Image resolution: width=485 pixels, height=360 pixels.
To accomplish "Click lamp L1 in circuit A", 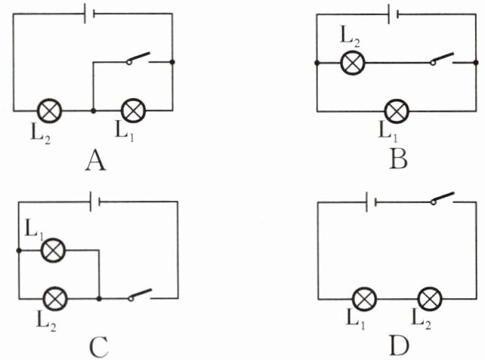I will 134,110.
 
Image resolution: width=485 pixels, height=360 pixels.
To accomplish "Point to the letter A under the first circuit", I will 95,159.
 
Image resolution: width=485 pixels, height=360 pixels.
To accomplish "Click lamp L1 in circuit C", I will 53,249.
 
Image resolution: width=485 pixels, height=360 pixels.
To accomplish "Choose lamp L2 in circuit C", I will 53,299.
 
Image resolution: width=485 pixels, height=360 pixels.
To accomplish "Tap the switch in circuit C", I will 141,295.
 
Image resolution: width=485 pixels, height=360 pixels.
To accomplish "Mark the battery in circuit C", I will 95,202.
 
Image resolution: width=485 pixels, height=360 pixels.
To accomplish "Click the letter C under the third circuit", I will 98,346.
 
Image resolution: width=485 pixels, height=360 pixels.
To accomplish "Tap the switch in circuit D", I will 443,199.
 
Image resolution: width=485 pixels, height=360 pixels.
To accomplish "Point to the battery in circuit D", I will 371,202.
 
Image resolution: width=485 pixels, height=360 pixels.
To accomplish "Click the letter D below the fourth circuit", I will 400,346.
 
